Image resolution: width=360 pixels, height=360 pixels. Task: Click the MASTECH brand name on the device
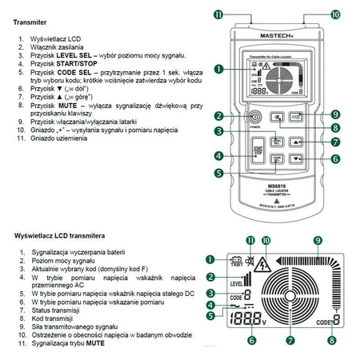278,34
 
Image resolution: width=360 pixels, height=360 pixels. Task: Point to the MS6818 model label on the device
278,186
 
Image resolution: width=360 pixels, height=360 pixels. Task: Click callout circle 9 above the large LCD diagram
318,240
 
